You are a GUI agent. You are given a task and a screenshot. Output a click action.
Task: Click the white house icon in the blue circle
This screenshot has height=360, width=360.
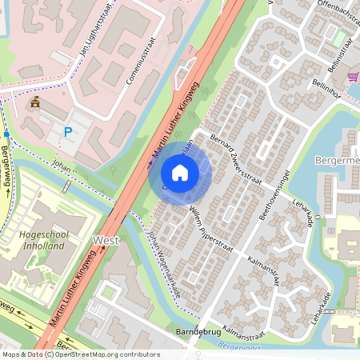180,173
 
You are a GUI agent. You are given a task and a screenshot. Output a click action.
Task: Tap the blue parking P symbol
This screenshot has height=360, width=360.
68,132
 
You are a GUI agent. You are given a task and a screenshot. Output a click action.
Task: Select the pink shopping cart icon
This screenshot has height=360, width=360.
353,76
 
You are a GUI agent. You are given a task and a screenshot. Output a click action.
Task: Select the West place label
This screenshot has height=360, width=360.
106,240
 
